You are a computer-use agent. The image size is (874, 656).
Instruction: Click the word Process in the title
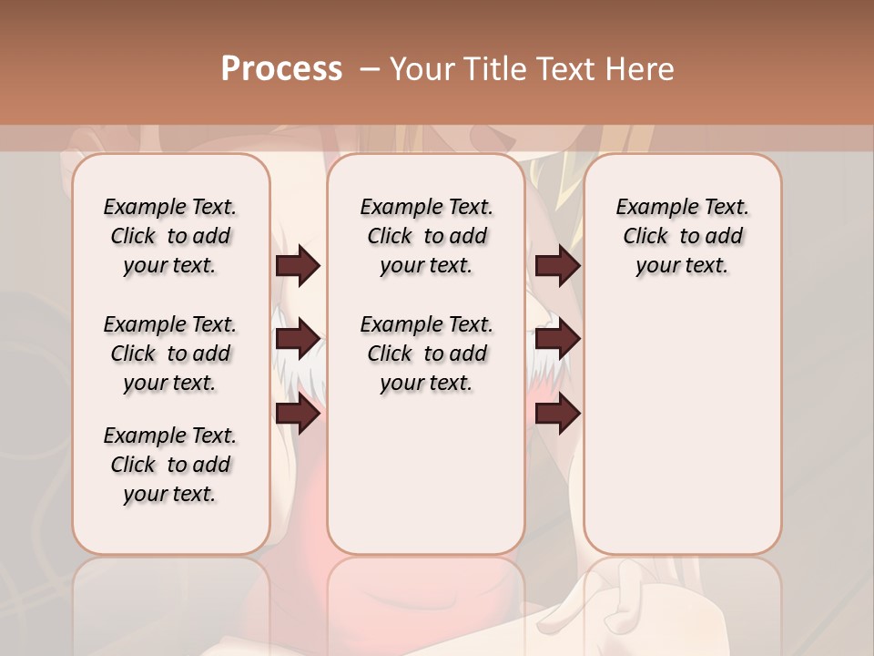point(281,68)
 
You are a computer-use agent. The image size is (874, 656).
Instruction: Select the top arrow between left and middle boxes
point(298,265)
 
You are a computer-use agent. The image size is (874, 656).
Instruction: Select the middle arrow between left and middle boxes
point(298,339)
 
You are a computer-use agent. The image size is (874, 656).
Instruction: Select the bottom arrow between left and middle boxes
point(298,414)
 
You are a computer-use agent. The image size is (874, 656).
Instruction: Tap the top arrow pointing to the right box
point(557,265)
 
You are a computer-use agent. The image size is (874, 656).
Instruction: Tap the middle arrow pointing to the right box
point(557,339)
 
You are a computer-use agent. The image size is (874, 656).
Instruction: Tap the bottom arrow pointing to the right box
point(557,414)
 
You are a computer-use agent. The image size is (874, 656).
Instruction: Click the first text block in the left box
point(170,236)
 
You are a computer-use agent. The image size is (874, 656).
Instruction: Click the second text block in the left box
point(170,354)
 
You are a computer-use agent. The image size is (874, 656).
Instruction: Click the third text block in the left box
point(170,465)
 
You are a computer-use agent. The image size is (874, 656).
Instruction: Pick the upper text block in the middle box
point(426,236)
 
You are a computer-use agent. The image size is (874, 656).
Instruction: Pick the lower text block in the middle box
point(426,354)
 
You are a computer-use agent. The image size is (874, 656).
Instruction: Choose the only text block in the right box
point(682,236)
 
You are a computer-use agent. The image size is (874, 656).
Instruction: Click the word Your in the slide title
point(421,68)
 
